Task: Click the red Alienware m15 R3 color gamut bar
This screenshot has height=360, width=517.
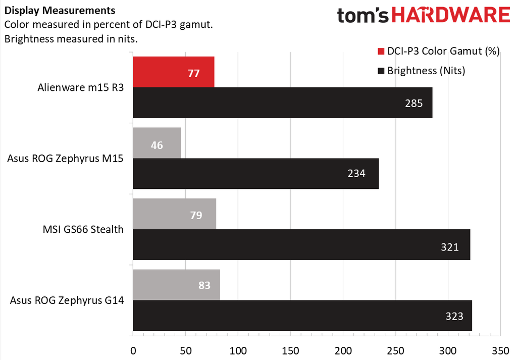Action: coord(173,72)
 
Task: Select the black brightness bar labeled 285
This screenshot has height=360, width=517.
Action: coord(282,103)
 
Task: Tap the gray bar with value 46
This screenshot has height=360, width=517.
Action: coord(157,143)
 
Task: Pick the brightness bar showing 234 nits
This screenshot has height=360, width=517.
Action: coord(255,174)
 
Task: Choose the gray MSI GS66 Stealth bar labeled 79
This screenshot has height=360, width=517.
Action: coord(174,214)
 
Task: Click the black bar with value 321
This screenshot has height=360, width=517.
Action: coord(301,245)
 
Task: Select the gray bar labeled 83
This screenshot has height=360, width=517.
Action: coord(176,285)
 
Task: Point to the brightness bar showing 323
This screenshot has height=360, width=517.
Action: coord(302,316)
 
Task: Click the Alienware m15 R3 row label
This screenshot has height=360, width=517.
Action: coord(81,87)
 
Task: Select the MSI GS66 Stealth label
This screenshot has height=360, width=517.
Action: coord(83,230)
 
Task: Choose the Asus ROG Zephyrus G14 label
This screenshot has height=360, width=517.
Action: coord(67,301)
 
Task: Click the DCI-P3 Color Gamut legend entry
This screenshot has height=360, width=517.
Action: coord(438,51)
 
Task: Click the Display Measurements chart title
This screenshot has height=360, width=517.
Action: coord(60,11)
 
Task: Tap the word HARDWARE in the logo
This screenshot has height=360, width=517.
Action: coord(451,16)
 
